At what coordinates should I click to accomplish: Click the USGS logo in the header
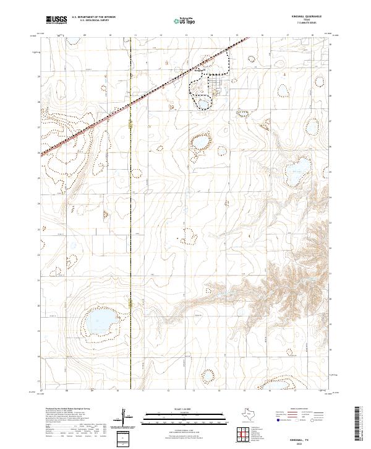tap(56, 20)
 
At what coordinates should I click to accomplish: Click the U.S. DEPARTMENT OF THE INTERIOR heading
tap(93, 18)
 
